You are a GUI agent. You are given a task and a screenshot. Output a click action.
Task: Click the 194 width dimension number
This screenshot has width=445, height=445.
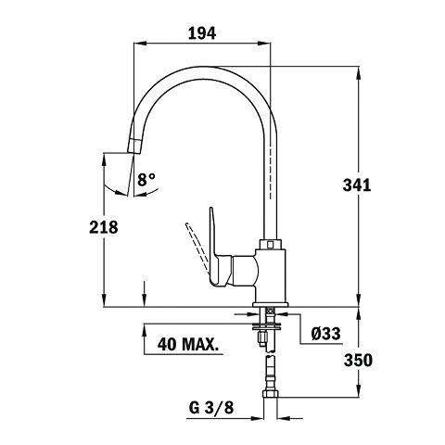202,33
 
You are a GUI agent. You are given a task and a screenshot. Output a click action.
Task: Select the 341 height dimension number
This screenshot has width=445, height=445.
357,185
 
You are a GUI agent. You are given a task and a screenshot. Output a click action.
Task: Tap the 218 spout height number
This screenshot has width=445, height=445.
104,227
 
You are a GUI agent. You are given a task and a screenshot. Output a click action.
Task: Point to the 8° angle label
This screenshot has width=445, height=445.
146,180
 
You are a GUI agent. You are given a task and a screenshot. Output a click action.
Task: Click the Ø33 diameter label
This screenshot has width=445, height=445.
326,334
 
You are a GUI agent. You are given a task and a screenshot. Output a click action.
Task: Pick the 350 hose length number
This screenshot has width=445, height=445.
359,360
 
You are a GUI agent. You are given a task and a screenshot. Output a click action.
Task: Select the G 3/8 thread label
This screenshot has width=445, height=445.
211,408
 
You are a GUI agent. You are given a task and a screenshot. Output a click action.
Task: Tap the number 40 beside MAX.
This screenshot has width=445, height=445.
168,344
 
